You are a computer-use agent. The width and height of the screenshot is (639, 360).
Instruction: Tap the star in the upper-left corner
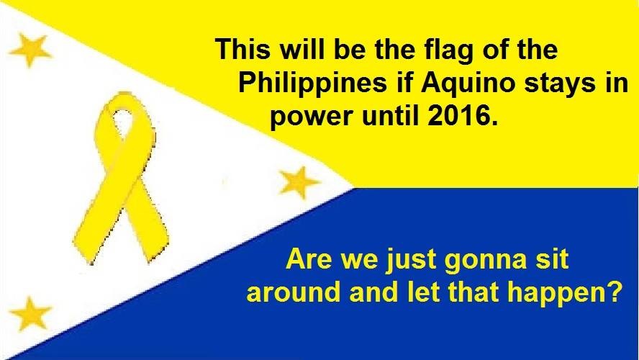tap(30, 50)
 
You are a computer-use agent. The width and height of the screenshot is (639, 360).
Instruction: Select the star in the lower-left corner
tap(30, 312)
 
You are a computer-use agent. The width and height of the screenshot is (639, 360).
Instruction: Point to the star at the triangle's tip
tap(299, 182)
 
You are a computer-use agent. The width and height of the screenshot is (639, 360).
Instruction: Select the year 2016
tap(463, 116)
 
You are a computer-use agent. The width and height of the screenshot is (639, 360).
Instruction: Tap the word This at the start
tap(243, 49)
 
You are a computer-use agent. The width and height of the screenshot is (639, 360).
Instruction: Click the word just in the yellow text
tap(410, 260)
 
